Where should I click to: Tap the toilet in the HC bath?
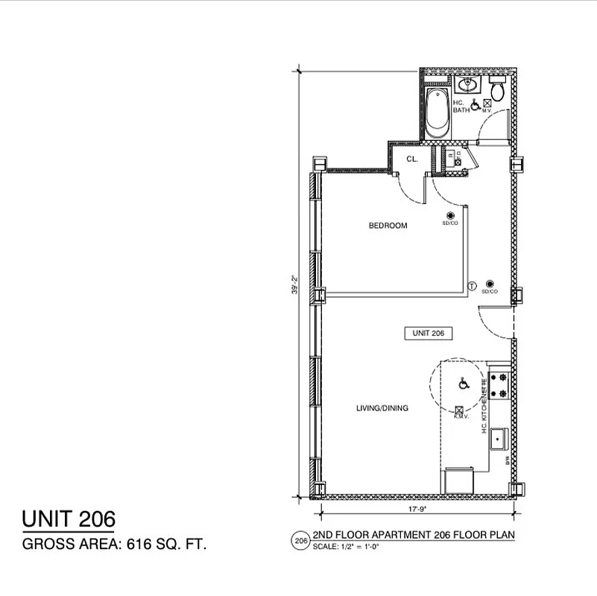point(498,90)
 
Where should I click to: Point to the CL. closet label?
point(412,159)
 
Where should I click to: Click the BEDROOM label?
point(388,226)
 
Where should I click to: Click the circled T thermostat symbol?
point(472,285)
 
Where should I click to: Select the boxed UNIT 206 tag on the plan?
point(429,334)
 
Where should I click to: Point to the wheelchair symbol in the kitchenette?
point(463,384)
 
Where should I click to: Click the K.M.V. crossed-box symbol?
point(460,409)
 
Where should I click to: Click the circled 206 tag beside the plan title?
point(300,539)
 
